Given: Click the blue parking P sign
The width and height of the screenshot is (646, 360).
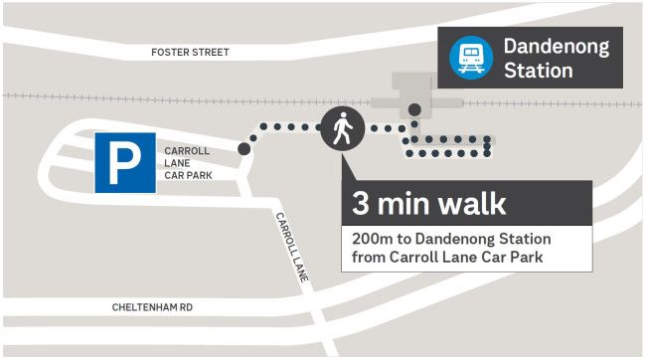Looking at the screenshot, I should [x=125, y=163].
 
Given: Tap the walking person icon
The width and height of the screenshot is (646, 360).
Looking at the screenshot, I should [x=341, y=130].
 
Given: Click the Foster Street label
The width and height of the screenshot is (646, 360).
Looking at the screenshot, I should [x=190, y=52].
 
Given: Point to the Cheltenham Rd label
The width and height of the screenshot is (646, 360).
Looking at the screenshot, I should [x=152, y=308].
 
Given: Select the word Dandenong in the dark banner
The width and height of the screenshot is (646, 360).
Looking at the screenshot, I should [x=556, y=47].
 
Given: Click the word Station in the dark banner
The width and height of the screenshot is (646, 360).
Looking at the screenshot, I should [x=538, y=71].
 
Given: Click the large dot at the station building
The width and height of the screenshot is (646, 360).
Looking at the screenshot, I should [x=414, y=109].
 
